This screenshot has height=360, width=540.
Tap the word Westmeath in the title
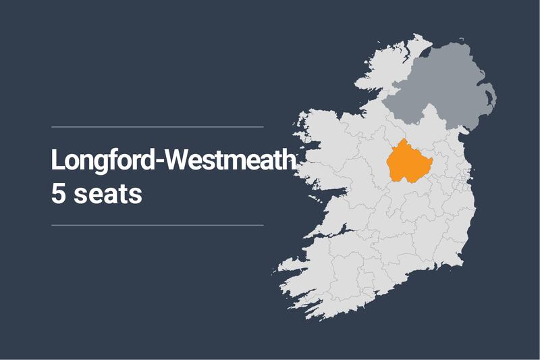pos(229,160)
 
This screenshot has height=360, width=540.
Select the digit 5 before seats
pos(58,193)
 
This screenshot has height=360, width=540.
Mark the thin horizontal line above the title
pos(157,126)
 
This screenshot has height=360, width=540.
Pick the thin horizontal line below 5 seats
pos(157,225)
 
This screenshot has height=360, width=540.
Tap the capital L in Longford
pos(57,160)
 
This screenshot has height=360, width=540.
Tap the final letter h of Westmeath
pos(290,160)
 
